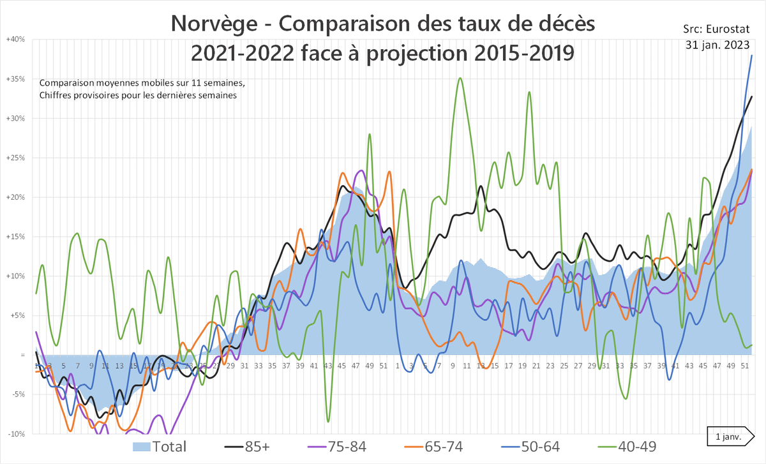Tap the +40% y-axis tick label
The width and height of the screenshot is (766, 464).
tap(15, 40)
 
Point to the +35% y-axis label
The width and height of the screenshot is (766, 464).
tap(15, 79)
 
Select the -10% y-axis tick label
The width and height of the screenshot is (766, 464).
tap(16, 434)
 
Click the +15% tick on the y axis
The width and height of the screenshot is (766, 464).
tap(15, 237)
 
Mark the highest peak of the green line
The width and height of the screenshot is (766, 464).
tap(460, 79)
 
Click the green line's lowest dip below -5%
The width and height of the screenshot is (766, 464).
tap(328, 421)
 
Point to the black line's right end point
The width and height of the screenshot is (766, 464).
tap(752, 96)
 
